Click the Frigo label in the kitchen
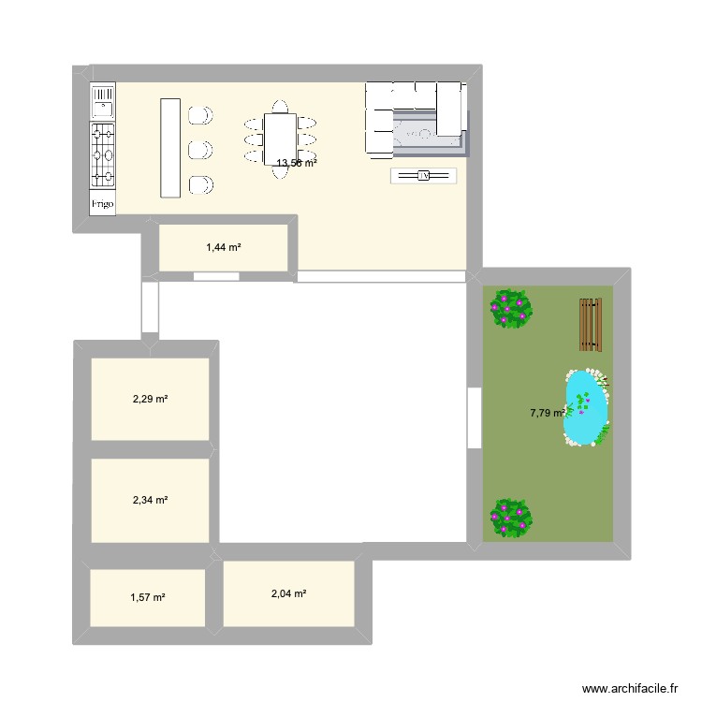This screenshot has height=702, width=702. (102, 202)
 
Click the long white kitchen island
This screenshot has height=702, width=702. (169, 147)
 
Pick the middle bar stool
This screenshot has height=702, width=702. (199, 150)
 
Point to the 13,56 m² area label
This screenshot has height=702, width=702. (296, 163)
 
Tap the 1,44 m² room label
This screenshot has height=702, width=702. (224, 248)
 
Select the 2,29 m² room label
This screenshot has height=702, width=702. (150, 399)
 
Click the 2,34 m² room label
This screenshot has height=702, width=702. (150, 500)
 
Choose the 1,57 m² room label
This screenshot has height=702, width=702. (147, 597)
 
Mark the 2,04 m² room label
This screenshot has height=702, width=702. (288, 593)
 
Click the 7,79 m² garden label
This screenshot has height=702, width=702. (548, 413)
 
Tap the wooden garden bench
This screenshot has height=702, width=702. (590, 324)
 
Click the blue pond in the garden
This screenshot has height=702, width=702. (586, 408)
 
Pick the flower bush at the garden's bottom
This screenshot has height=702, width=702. (510, 517)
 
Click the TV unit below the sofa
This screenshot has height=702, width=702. (423, 176)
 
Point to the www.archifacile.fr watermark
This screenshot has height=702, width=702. (629, 687)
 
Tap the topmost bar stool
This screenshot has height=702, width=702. (199, 115)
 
